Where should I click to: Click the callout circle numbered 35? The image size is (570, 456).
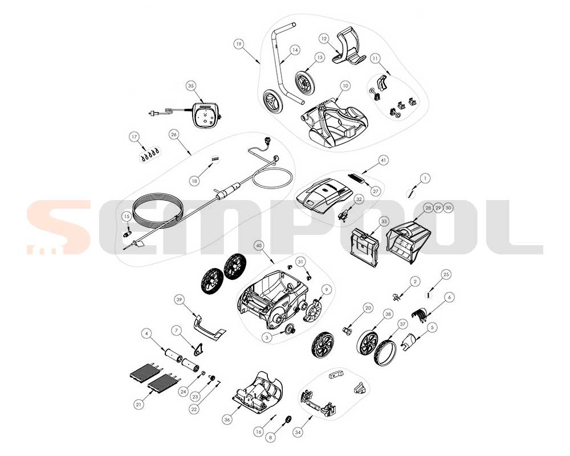click(x=191, y=86)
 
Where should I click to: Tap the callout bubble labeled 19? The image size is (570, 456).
click(x=238, y=44)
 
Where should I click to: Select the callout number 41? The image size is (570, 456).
click(x=383, y=160)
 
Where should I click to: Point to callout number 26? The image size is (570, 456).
click(x=174, y=135)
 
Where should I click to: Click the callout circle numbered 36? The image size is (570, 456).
click(x=227, y=420)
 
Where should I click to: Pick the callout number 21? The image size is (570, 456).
click(x=138, y=404)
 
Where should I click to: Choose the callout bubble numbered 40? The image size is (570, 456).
click(x=259, y=246)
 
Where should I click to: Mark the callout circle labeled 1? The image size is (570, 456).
click(x=425, y=178)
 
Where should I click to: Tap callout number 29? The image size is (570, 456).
click(x=438, y=207)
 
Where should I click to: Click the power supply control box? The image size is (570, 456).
click(x=206, y=114)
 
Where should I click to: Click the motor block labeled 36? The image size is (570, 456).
click(x=258, y=392)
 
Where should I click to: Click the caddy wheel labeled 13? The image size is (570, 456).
click(x=305, y=84)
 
